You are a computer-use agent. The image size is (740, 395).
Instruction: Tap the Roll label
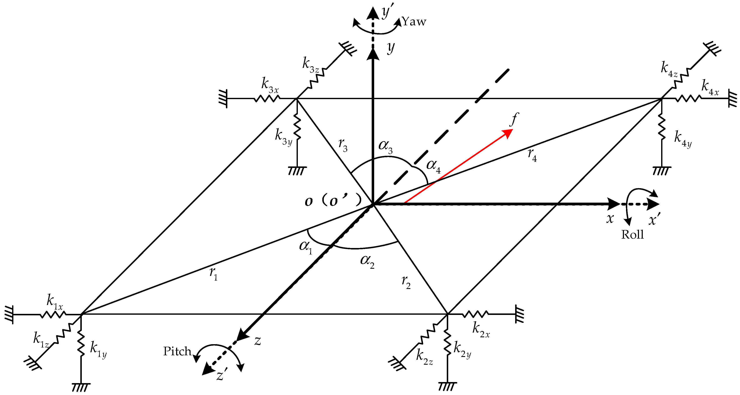point(632,235)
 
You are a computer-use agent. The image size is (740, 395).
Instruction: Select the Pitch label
point(177,351)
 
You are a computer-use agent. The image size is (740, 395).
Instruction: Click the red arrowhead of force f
point(508,133)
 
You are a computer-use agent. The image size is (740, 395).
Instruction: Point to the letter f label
point(514,119)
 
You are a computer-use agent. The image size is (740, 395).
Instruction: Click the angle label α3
point(385,147)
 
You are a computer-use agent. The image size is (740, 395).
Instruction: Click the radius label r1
point(213,274)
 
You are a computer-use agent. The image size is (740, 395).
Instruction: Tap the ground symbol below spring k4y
point(662,171)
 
